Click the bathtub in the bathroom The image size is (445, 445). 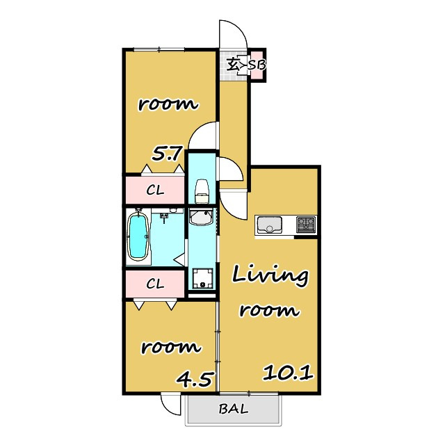pos(138,236)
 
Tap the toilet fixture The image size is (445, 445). pos(202,191)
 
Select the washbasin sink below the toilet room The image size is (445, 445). pos(201,218)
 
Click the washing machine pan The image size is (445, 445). pos(202,278)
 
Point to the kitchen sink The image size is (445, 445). pos(269,225)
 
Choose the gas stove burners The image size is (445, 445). pos(306,224)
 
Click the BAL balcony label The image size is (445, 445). pos(234,409)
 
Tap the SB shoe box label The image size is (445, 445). pos(257,65)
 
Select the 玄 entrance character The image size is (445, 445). pos(233,65)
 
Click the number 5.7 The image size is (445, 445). pos(166,154)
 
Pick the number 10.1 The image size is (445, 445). pos(288,373)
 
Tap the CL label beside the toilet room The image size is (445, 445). pos(155,190)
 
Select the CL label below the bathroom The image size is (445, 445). pos(155,284)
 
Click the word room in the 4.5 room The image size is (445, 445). pos(171,347)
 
